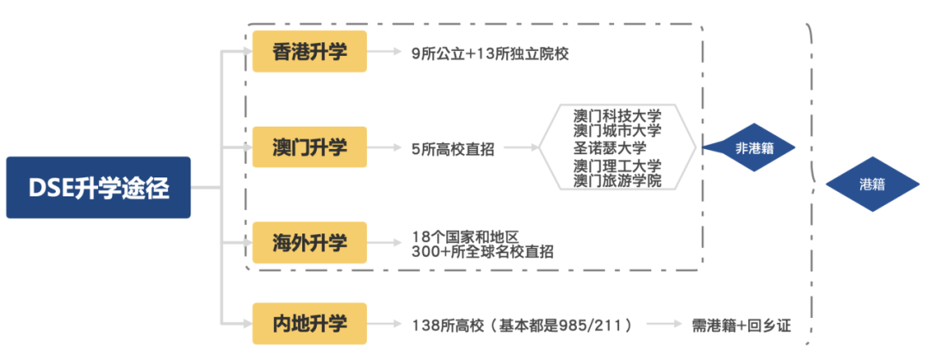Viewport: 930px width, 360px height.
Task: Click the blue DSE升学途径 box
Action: coord(97,187)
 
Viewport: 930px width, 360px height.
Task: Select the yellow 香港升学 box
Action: coord(309,52)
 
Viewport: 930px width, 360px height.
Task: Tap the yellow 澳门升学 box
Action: coord(309,147)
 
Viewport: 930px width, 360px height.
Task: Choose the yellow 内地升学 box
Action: coord(309,324)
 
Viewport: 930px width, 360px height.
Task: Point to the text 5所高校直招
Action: coord(453,148)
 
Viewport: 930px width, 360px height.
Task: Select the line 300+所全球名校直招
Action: coord(482,251)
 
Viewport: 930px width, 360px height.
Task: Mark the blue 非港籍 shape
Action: coord(749,148)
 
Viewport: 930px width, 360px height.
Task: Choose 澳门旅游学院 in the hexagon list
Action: coord(617,180)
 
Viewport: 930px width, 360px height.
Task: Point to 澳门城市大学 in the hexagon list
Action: coord(617,131)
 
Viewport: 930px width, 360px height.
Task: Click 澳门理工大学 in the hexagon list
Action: coord(617,165)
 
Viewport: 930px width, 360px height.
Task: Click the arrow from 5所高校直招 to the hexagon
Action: coord(522,148)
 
